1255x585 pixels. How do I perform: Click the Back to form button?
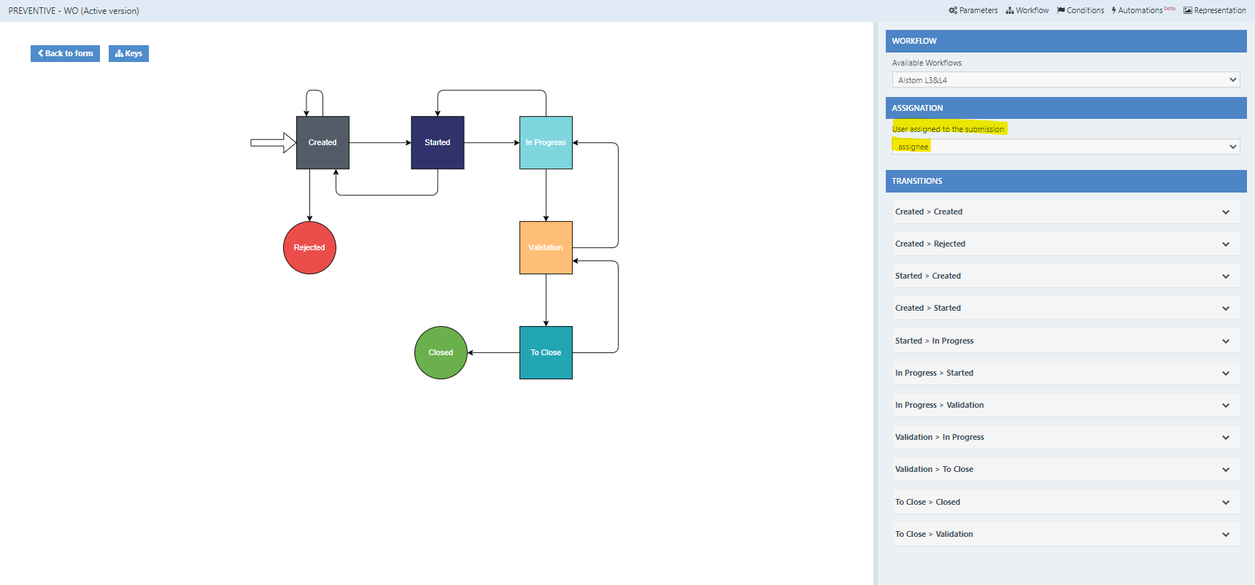65,53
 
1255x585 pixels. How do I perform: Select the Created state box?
323,142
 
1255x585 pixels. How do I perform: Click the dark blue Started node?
437,142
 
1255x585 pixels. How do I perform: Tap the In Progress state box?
546,142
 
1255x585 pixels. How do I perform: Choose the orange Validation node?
546,247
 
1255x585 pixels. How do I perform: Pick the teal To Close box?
546,352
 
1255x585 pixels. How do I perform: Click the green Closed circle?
441,352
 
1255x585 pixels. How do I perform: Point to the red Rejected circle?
309,247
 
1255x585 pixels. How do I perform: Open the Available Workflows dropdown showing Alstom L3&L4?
1066,80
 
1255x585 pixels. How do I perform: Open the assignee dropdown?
1066,147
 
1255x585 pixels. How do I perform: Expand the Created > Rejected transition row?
1066,244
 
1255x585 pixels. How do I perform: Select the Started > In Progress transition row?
1066,341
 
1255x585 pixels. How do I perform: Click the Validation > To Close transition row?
1066,469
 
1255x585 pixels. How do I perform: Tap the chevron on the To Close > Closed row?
1226,502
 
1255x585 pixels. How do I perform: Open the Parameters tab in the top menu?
973,10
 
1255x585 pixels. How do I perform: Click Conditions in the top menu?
1081,10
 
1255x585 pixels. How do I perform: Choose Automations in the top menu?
1143,10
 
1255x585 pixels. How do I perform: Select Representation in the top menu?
1215,10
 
